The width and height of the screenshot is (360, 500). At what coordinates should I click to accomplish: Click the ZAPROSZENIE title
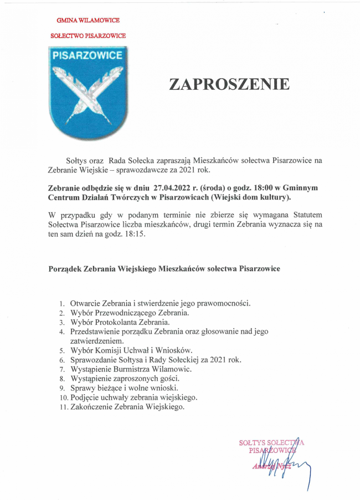tap(229, 84)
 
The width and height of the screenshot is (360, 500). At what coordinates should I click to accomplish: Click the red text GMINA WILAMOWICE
tap(88, 20)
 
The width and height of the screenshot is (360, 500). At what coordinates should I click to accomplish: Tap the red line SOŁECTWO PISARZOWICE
tap(91, 35)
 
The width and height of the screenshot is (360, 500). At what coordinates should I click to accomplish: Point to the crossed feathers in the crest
tap(88, 94)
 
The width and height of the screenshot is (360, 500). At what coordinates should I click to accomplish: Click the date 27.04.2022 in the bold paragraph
tap(173, 188)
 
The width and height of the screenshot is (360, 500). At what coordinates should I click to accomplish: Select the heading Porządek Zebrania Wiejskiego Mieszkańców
tap(164, 268)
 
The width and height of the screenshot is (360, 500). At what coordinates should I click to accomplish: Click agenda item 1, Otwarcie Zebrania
tap(161, 303)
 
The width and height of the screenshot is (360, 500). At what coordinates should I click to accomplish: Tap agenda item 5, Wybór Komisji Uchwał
tap(131, 350)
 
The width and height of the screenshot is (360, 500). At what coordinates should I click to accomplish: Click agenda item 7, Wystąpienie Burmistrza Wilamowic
tap(131, 369)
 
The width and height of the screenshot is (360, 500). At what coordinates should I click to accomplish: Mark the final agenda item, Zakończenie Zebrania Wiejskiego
tap(127, 407)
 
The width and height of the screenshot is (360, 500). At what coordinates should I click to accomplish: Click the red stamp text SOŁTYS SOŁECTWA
tap(271, 443)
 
